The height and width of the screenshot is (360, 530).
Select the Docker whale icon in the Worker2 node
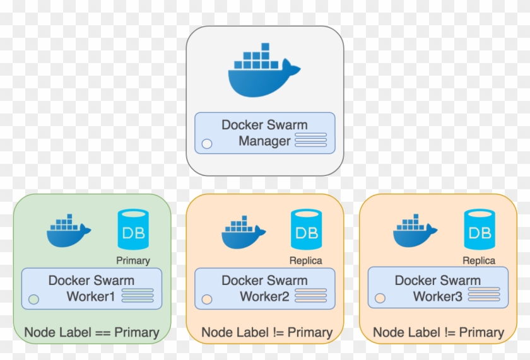243,232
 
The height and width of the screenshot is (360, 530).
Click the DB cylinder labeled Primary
133,230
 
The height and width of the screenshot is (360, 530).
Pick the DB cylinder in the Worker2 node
306,230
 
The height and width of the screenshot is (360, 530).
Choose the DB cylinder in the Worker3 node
479,230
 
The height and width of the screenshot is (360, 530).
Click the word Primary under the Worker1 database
133,260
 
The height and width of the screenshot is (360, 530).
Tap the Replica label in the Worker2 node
306,260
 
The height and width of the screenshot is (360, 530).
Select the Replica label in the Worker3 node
479,260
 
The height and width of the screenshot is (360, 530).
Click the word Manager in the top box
264,141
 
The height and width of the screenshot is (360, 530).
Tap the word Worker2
264,296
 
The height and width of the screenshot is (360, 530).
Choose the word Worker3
437,296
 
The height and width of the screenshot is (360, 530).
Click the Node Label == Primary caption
91,332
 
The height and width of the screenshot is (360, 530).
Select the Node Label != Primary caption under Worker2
266,332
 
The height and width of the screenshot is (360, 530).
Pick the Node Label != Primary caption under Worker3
439,332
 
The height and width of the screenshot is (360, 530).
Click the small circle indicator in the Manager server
206,144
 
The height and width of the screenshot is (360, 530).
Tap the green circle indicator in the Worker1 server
33,299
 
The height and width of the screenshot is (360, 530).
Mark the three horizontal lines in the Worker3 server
484,294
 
